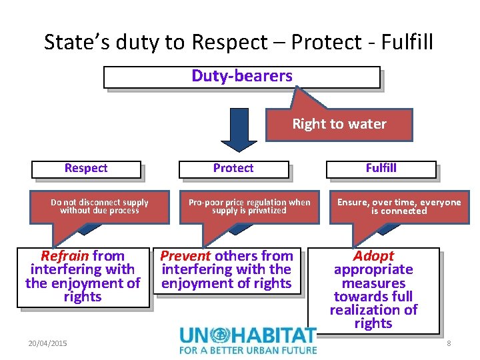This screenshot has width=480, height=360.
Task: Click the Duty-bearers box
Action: pos(241,77)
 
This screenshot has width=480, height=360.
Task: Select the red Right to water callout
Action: pos(339,124)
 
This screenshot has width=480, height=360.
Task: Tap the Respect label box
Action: pos(86,169)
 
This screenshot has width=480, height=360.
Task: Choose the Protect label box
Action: pos(233,169)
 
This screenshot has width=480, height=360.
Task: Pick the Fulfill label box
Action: pos(381,169)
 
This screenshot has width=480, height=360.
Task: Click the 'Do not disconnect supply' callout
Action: pos(99,206)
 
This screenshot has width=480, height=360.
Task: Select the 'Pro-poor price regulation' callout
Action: pos(249,206)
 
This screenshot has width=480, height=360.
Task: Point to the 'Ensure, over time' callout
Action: pos(399,206)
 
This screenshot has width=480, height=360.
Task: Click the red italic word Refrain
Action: pos(65,256)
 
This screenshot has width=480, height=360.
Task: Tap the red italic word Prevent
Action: pos(185,256)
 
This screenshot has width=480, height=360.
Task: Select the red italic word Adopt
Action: pos(373,256)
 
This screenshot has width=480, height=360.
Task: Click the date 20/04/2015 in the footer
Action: pos(47,343)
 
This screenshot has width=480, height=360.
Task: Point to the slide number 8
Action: pos(449,343)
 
